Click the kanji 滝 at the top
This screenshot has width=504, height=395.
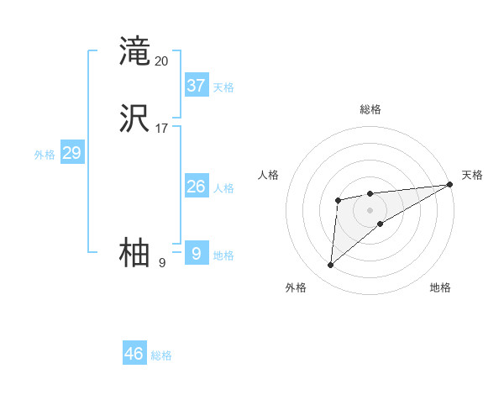(134, 52)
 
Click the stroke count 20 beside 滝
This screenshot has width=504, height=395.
(162, 61)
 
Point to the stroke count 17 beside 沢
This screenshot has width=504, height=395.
(162, 129)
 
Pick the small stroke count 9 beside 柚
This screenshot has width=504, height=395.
(162, 263)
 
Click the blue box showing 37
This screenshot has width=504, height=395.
(197, 85)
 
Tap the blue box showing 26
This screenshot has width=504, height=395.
(197, 187)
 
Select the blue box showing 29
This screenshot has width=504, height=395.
(71, 153)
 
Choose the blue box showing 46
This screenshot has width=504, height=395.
(134, 353)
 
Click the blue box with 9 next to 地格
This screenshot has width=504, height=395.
(197, 253)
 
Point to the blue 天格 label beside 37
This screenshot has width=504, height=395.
(223, 87)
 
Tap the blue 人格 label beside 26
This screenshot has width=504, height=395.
(223, 188)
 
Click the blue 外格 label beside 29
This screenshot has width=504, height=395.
(44, 155)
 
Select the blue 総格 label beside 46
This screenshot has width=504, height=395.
(161, 355)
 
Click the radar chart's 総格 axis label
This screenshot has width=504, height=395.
(370, 109)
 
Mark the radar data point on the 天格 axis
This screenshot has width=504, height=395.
(450, 185)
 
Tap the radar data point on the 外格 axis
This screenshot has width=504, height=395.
(330, 266)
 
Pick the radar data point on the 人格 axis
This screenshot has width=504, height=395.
(338, 200)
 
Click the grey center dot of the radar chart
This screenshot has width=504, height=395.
(370, 209)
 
